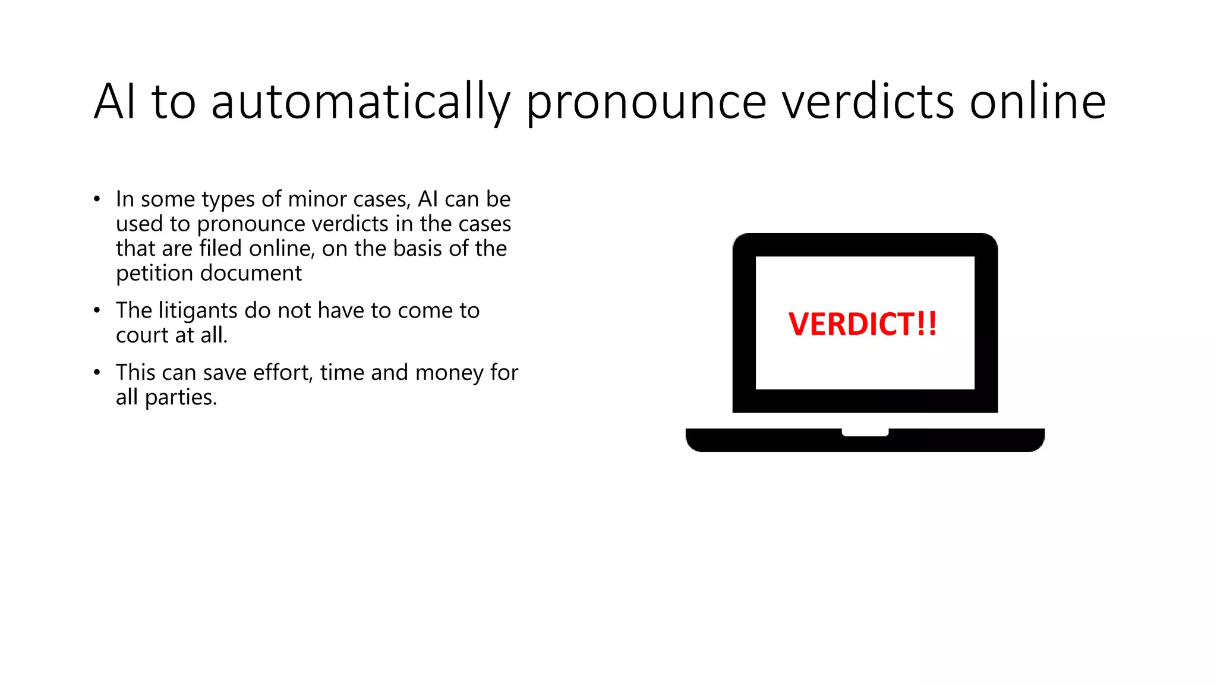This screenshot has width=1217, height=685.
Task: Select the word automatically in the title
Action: click(x=360, y=102)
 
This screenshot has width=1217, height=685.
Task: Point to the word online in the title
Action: click(x=1038, y=102)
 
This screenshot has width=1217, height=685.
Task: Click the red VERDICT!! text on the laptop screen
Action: click(x=863, y=324)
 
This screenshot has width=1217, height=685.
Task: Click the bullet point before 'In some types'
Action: click(x=97, y=199)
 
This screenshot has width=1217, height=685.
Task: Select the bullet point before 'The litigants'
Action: click(x=97, y=310)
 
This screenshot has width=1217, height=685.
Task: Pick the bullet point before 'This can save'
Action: click(x=97, y=373)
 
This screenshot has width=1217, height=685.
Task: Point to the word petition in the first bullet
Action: click(x=154, y=274)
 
